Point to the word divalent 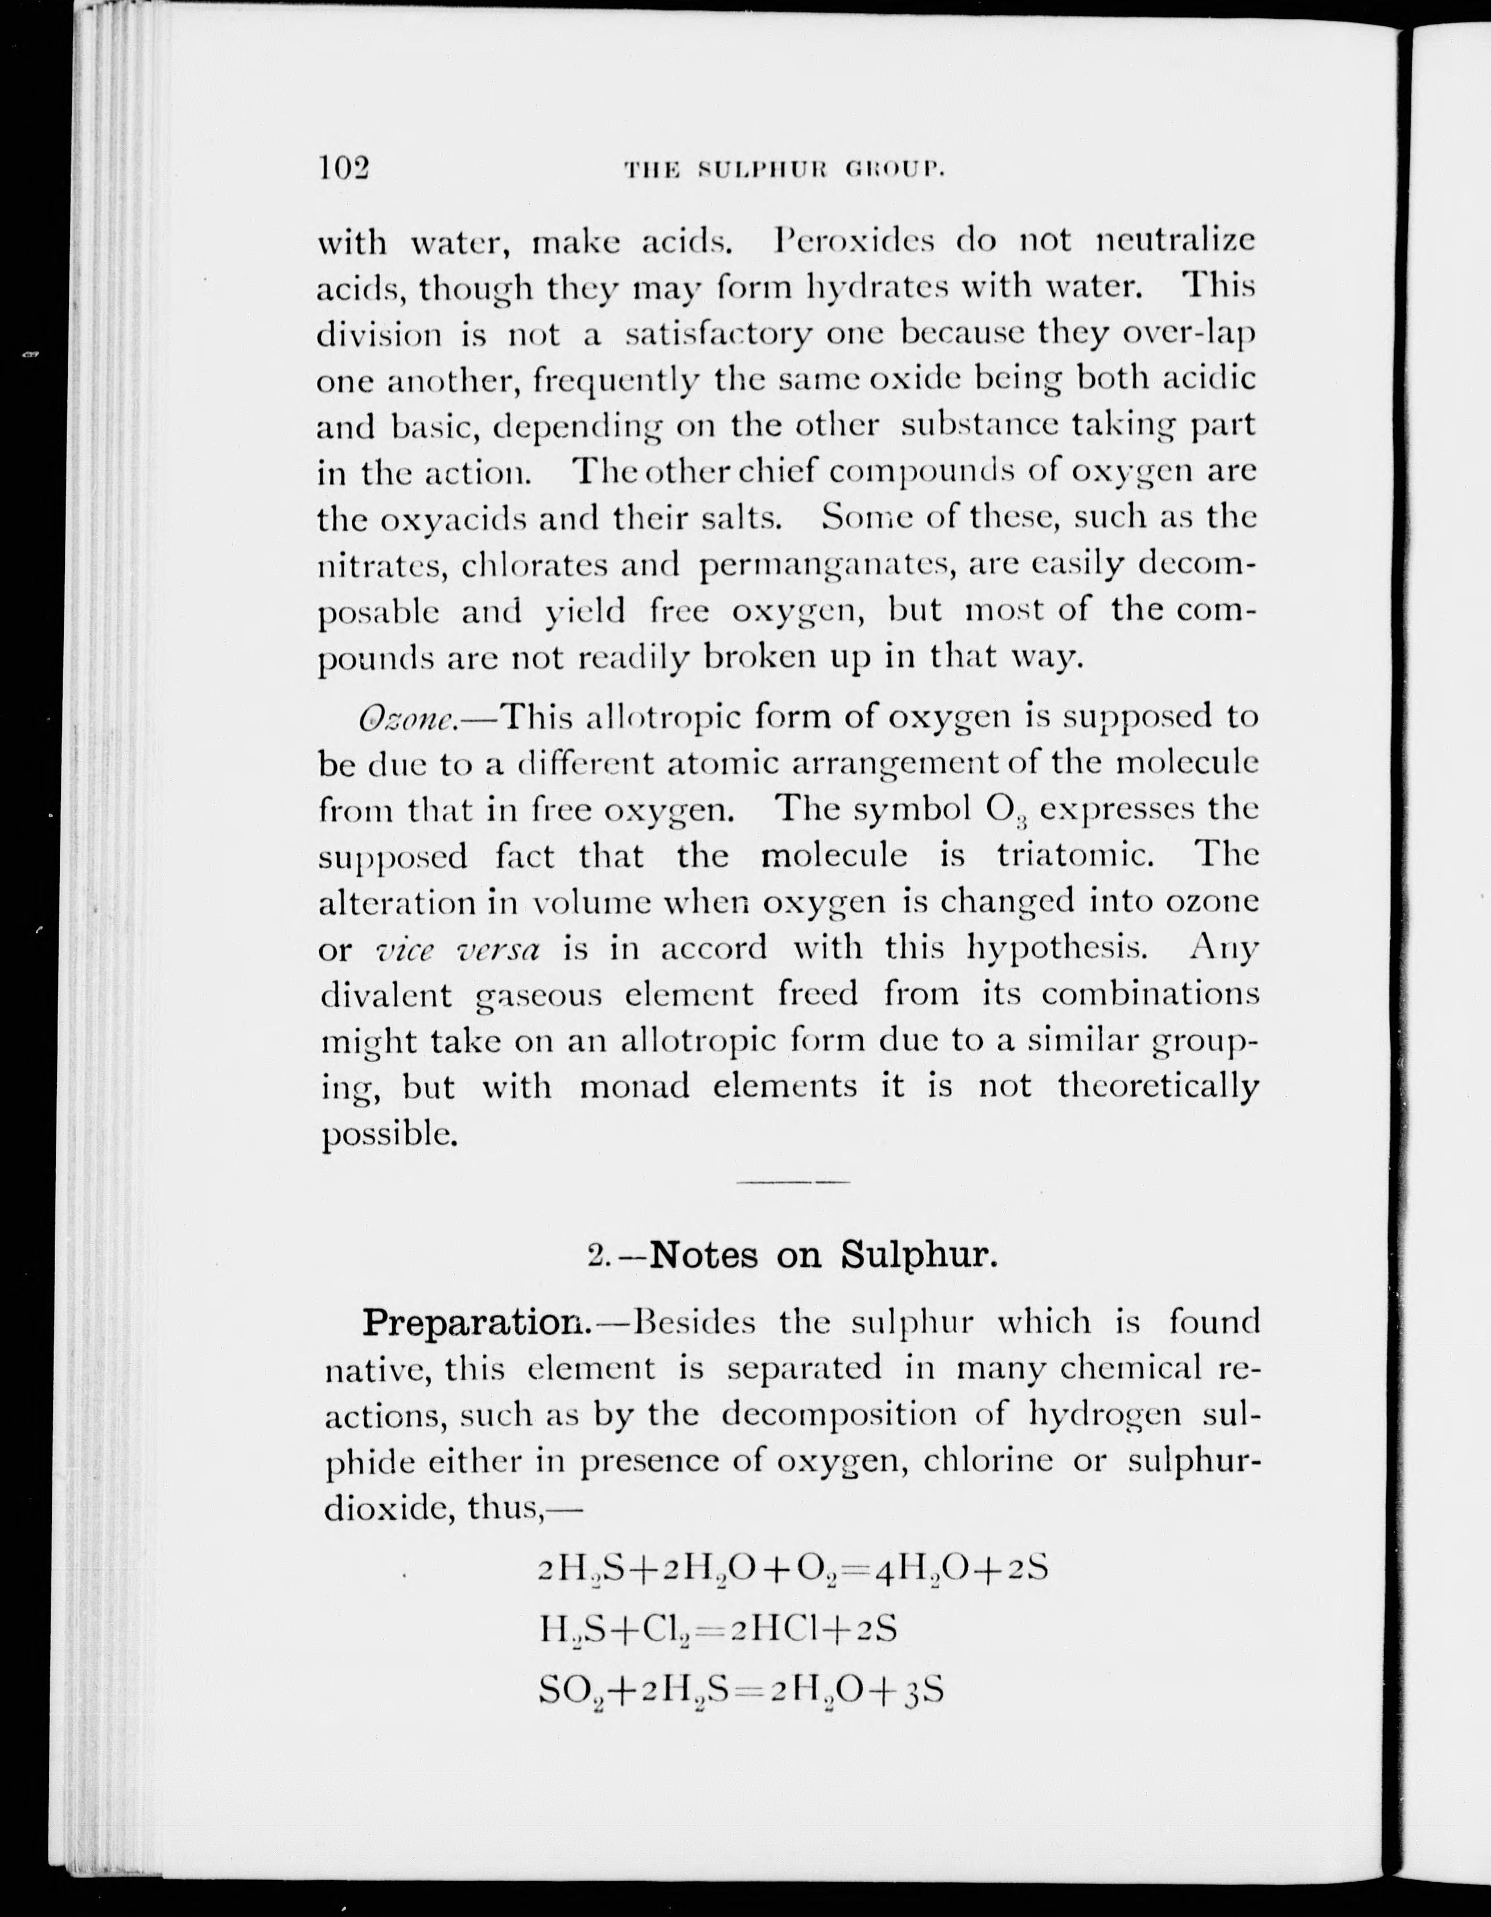coord(385,994)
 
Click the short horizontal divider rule coord(793,1183)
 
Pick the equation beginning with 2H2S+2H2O coord(793,1568)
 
